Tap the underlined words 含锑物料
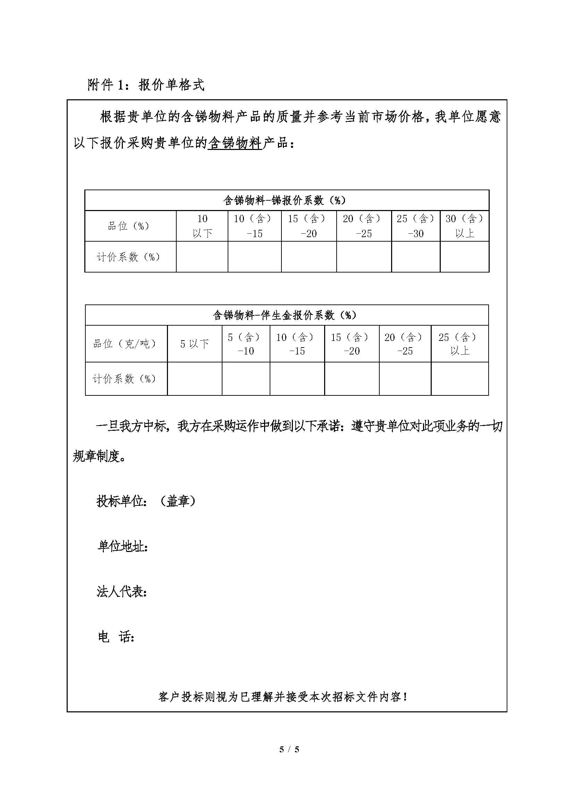(235, 144)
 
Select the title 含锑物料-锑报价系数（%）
(285, 201)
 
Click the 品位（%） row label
(128, 226)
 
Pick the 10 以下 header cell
(202, 226)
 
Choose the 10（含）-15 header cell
(254, 226)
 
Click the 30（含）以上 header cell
(464, 226)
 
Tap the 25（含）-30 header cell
(416, 226)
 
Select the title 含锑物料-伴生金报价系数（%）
(285, 315)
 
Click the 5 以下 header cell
(194, 344)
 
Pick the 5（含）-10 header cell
(246, 344)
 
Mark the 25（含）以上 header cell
(459, 344)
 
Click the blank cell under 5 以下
(194, 378)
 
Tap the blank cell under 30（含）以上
(464, 257)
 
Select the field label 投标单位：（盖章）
(146, 501)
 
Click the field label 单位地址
(122, 546)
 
